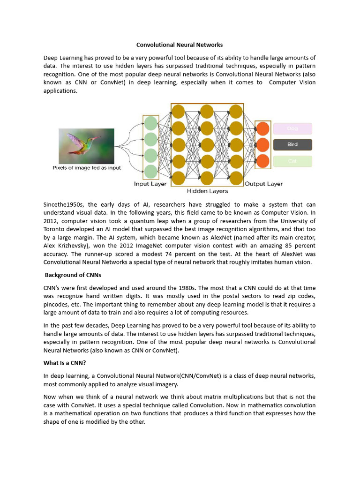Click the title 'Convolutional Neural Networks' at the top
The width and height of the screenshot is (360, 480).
[180, 45]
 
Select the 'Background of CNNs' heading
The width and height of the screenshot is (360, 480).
[73, 275]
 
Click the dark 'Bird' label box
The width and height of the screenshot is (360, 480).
[292, 144]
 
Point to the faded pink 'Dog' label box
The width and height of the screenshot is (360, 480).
[292, 128]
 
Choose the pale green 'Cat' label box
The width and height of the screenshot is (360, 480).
[292, 161]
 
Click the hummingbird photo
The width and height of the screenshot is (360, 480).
[86, 146]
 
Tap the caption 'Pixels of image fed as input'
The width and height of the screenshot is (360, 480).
[86, 168]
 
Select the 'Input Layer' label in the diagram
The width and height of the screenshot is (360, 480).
[150, 184]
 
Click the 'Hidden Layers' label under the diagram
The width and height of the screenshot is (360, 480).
[207, 191]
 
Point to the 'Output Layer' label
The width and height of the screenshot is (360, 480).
[264, 184]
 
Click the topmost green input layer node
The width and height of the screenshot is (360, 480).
[150, 124]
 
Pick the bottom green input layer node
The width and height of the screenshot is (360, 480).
[150, 171]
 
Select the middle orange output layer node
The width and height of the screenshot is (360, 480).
[262, 144]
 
